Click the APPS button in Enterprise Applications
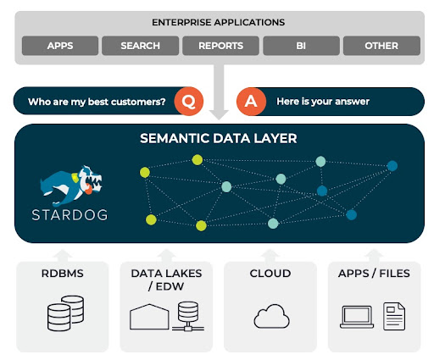coord(60,46)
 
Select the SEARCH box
coord(141,46)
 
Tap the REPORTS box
coord(220,46)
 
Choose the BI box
coord(301,46)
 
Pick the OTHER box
coord(381,46)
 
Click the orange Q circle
coord(189,101)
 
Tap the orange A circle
coord(251,102)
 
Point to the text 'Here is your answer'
coord(323,102)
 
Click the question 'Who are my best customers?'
coord(97,102)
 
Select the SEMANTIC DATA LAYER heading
coord(219,138)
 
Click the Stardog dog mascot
coord(70,186)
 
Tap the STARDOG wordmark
coord(70,215)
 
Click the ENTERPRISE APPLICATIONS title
coord(218,22)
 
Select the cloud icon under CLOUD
coord(271,316)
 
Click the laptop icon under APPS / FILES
coord(357,317)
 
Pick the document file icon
coord(394,316)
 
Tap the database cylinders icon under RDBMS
coord(65,313)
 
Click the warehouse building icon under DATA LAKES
coord(149,317)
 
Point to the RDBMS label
coord(63,274)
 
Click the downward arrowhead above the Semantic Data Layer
coord(219,115)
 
